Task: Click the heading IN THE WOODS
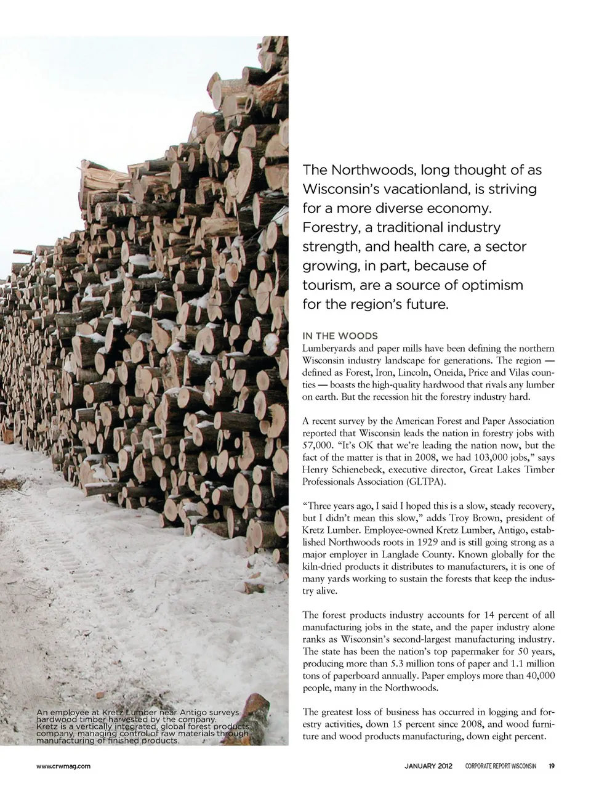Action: pyautogui.click(x=340, y=336)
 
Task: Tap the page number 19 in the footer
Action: pyautogui.click(x=552, y=766)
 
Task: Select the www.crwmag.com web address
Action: pyautogui.click(x=64, y=766)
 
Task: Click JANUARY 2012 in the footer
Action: pyautogui.click(x=428, y=766)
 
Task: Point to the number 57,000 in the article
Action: pyautogui.click(x=318, y=445)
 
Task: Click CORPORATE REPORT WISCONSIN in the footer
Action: pyautogui.click(x=501, y=766)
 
